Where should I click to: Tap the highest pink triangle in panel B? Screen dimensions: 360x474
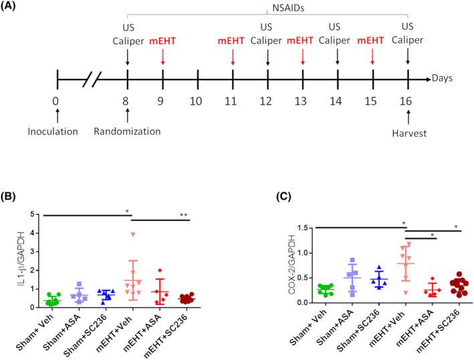click(133, 234)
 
